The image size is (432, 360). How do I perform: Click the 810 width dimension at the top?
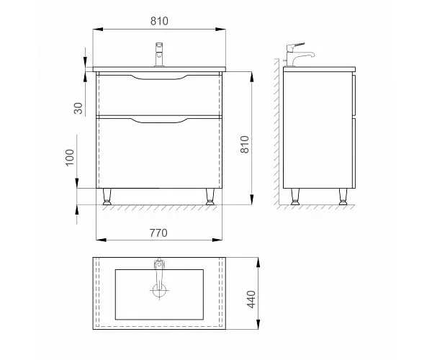(x=159, y=21)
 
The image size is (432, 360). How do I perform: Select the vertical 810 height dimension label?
(x=245, y=144)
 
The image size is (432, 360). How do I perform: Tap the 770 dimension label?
(x=158, y=233)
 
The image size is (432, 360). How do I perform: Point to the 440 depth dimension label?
(x=251, y=299)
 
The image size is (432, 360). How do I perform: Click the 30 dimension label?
(x=78, y=108)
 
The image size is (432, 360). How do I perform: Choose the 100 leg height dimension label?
(x=70, y=157)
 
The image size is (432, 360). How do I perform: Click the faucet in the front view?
(x=159, y=55)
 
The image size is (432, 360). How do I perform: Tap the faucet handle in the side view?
(x=296, y=47)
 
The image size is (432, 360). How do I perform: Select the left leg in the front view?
(x=107, y=197)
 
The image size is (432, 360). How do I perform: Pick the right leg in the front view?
(x=210, y=197)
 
